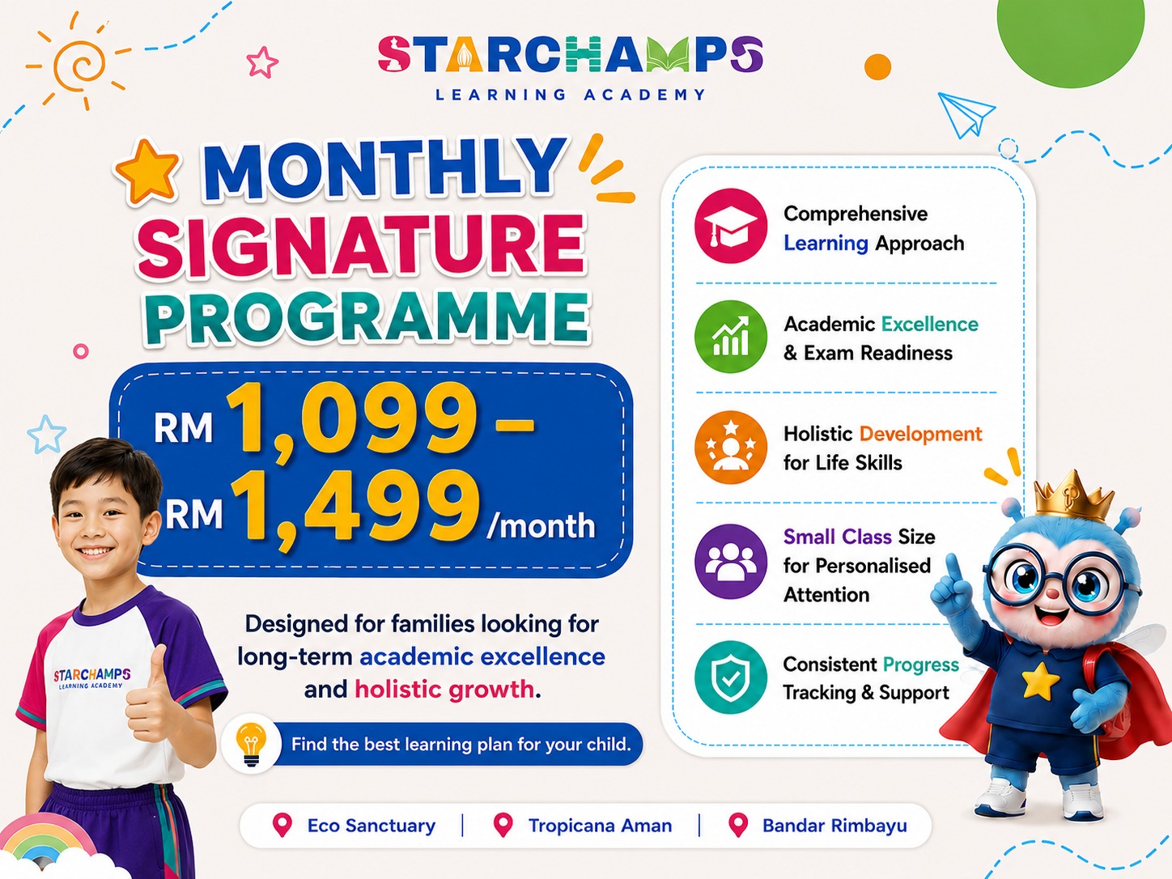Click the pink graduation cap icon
click(730, 225)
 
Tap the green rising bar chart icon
click(730, 336)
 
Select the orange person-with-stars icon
click(730, 448)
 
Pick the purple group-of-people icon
click(730, 562)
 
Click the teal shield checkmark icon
click(730, 677)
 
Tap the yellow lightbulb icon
click(251, 744)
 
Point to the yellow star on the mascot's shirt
click(1040, 680)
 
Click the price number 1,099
click(350, 418)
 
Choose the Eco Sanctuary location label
click(372, 826)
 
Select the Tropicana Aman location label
click(600, 826)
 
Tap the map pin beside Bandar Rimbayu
click(738, 825)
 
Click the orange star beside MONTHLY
click(147, 172)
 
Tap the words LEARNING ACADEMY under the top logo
click(571, 95)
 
